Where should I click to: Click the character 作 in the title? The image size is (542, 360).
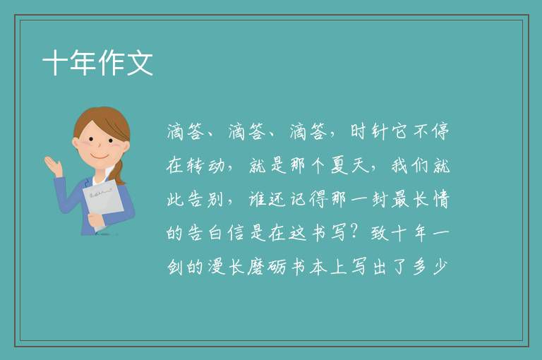pyautogui.click(x=112, y=63)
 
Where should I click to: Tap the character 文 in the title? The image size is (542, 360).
pyautogui.click(x=140, y=63)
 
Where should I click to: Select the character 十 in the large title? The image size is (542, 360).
pyautogui.click(x=54, y=63)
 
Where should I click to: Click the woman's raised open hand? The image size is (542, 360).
pyautogui.click(x=53, y=166)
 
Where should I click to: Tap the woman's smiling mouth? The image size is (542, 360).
pyautogui.click(x=100, y=156)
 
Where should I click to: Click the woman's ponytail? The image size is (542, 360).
pyautogui.click(x=120, y=172)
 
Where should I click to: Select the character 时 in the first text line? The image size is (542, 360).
pyautogui.click(x=359, y=131)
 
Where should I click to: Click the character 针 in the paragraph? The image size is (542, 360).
pyautogui.click(x=379, y=131)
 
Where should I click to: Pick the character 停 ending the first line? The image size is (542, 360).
pyautogui.click(x=440, y=131)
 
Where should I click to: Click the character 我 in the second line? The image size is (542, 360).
pyautogui.click(x=400, y=166)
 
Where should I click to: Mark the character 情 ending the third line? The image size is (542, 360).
pyautogui.click(x=441, y=200)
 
